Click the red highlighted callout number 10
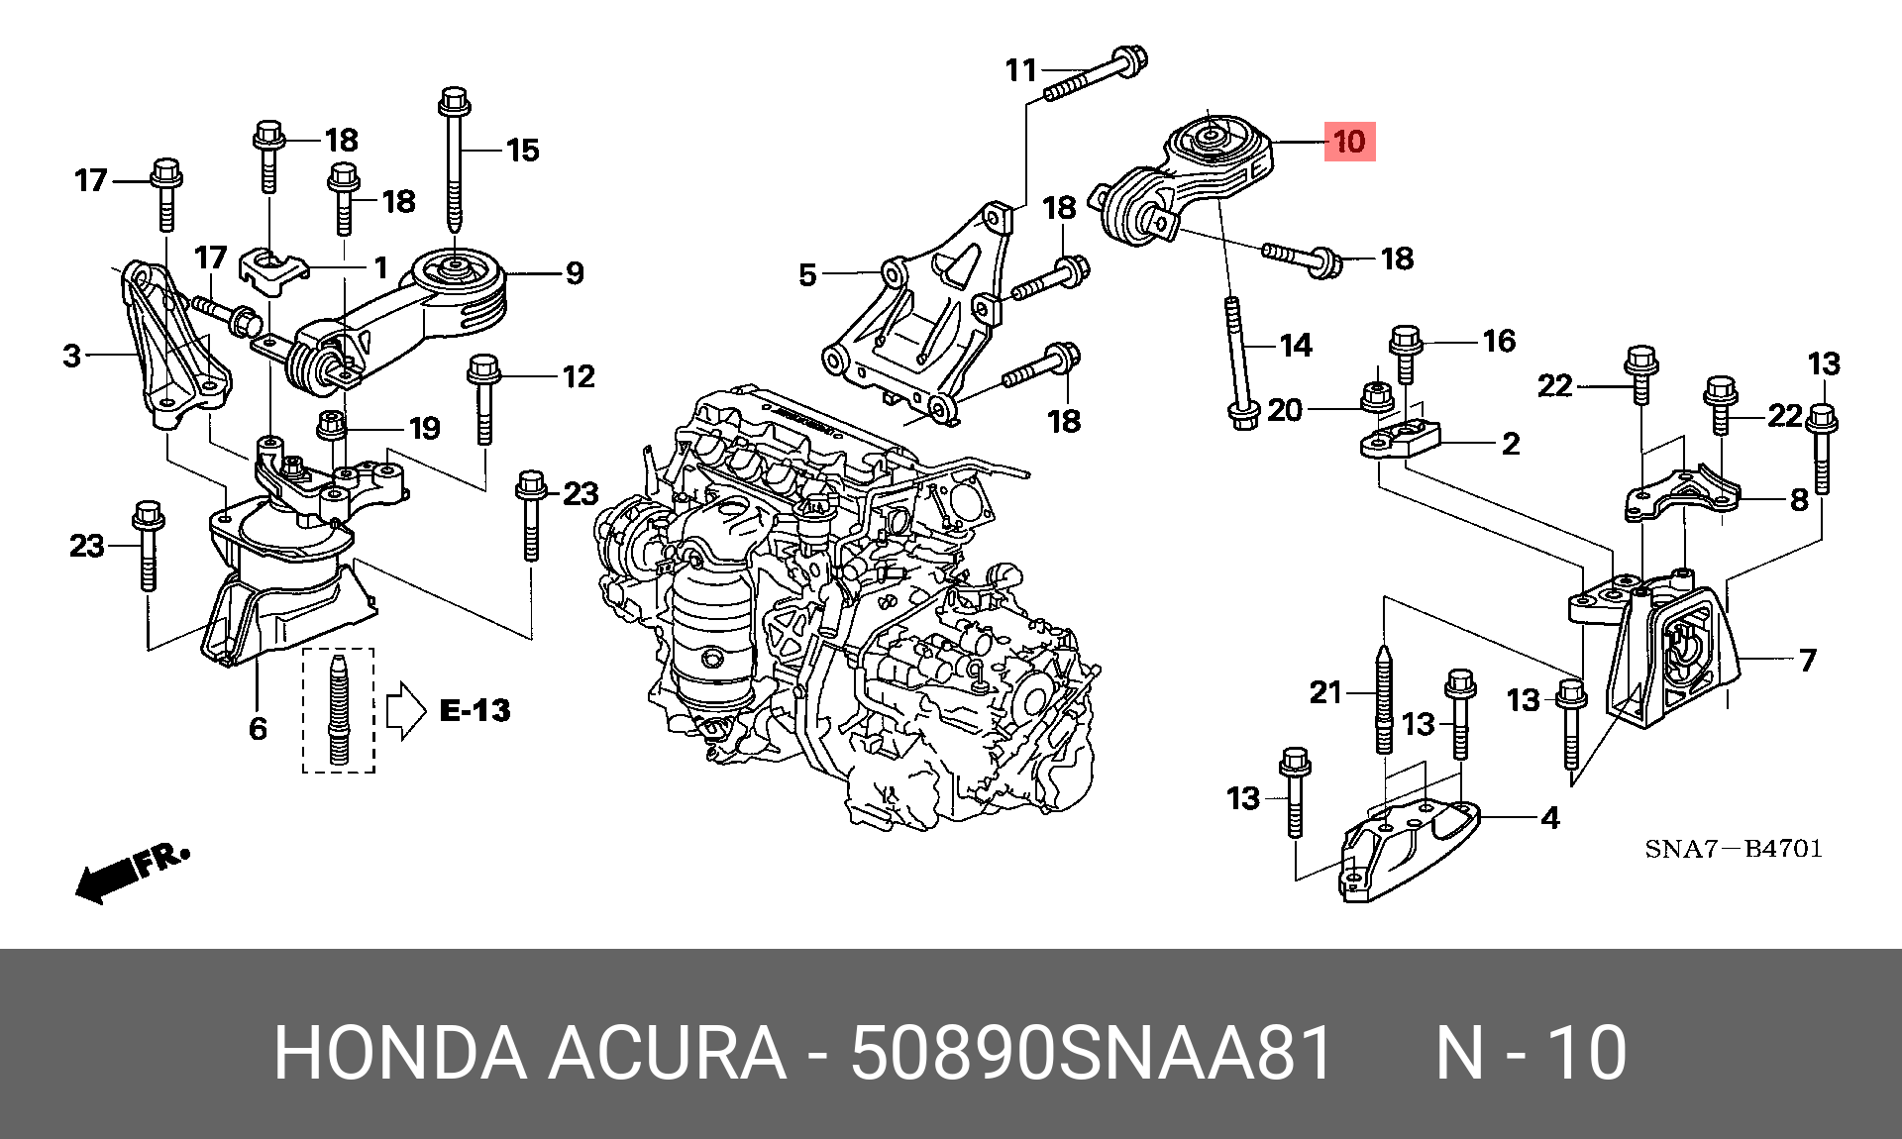(x=1349, y=142)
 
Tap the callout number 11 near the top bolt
(x=1020, y=71)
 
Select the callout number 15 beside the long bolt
(x=522, y=151)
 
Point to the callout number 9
(x=575, y=273)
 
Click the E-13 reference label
(x=475, y=710)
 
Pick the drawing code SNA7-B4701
(x=1733, y=849)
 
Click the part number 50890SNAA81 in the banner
(x=1091, y=1052)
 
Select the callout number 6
(x=258, y=729)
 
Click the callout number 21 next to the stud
(x=1325, y=692)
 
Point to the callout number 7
(x=1808, y=660)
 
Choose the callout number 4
(x=1550, y=818)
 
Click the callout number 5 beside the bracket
(x=807, y=275)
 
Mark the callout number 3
(x=71, y=357)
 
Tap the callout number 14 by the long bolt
(x=1296, y=346)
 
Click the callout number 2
(x=1511, y=444)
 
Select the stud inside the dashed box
(x=339, y=710)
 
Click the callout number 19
(x=424, y=429)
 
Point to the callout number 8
(x=1799, y=500)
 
